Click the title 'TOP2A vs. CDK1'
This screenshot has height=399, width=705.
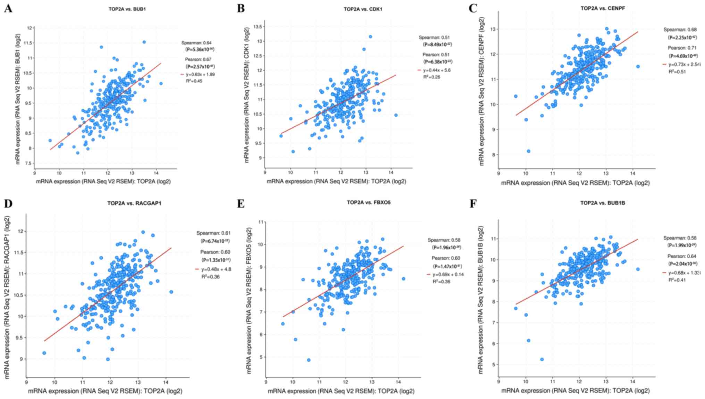[x=363, y=9]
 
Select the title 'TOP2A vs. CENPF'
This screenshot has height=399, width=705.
[x=603, y=8]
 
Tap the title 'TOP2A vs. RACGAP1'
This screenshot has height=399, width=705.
[x=134, y=203]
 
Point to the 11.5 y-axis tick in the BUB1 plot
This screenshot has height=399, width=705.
[x=28, y=43]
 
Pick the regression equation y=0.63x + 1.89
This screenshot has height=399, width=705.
[x=198, y=74]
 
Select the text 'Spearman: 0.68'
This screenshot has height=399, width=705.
[x=680, y=30]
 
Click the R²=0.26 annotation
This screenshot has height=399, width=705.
[x=431, y=77]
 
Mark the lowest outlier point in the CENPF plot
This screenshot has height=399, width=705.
[x=528, y=151]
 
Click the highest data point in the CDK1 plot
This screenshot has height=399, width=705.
[x=370, y=36]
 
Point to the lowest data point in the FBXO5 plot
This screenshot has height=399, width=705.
[x=309, y=360]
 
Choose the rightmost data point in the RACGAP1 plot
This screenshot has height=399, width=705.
[x=171, y=292]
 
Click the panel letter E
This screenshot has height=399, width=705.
[x=240, y=203]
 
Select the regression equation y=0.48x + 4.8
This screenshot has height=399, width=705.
[x=216, y=269]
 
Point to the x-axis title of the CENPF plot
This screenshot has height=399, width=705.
[x=575, y=183]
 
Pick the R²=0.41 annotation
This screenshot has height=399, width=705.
[x=677, y=280]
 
